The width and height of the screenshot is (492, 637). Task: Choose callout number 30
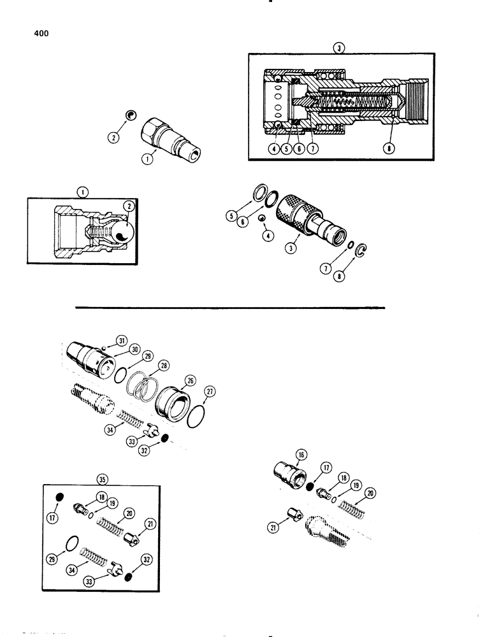click(134, 349)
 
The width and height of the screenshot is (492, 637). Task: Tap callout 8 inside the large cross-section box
click(389, 149)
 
